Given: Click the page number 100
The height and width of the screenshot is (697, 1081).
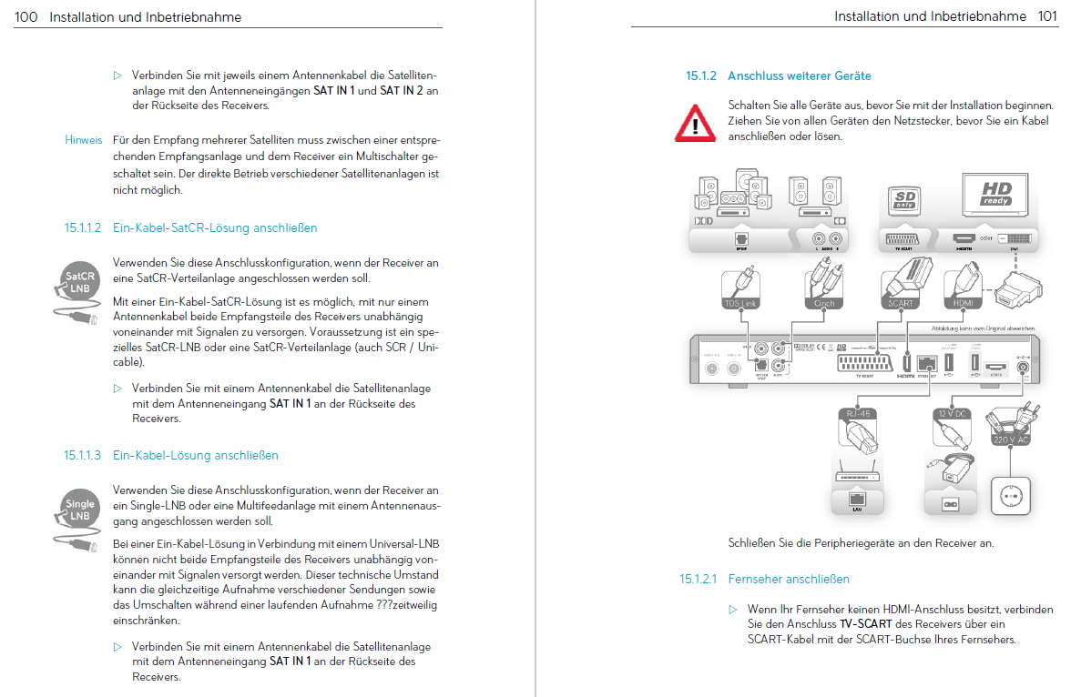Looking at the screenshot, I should point(25,17).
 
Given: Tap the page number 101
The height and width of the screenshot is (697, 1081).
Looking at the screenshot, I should point(1047,16).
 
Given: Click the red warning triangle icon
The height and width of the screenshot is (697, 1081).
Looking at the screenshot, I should point(695,121).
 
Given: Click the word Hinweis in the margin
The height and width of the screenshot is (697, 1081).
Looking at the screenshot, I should point(84,140).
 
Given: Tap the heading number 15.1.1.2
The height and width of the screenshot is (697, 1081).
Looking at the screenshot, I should point(84,227).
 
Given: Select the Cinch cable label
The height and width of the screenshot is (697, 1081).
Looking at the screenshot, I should point(823,303).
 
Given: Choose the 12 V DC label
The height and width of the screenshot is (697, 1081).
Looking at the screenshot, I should point(953,414).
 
